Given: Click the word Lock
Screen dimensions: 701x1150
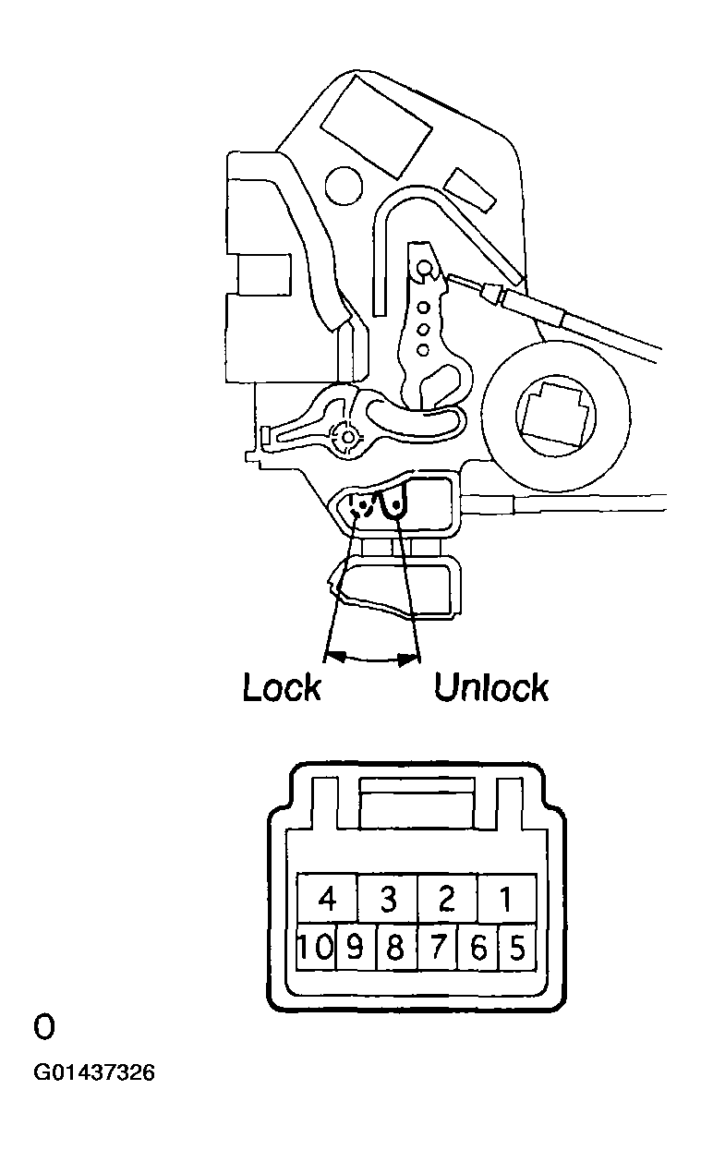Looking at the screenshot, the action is [x=282, y=687].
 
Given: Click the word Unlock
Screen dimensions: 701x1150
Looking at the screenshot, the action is [x=491, y=687].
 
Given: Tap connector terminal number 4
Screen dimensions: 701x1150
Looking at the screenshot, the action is [x=327, y=899].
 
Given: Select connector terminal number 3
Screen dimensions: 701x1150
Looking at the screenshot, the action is [x=388, y=899].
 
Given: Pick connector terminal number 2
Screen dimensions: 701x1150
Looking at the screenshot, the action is [x=448, y=899].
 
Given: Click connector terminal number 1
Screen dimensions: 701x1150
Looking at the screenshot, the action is [x=507, y=899].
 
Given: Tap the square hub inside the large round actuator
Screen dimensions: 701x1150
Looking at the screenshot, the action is [x=554, y=413].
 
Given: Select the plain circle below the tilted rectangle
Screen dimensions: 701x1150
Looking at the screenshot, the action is [x=344, y=187].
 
